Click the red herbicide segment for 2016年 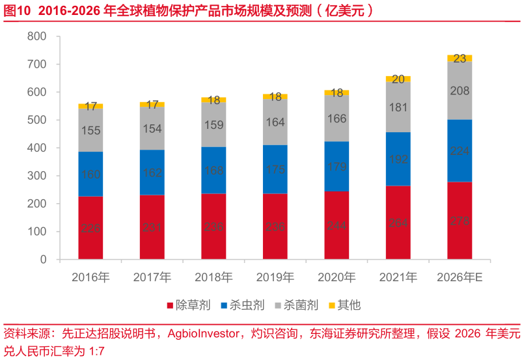coord(90,227)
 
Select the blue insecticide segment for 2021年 coord(398,159)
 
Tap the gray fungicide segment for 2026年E coord(460,90)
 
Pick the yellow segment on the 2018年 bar coord(214,100)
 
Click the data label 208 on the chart coord(460,91)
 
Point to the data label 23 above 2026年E coord(460,59)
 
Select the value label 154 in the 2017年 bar coord(152,129)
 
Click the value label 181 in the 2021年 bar coord(398,107)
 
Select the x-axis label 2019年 coord(275,277)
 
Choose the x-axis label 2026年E coord(460,277)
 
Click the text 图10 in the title coord(18,10)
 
